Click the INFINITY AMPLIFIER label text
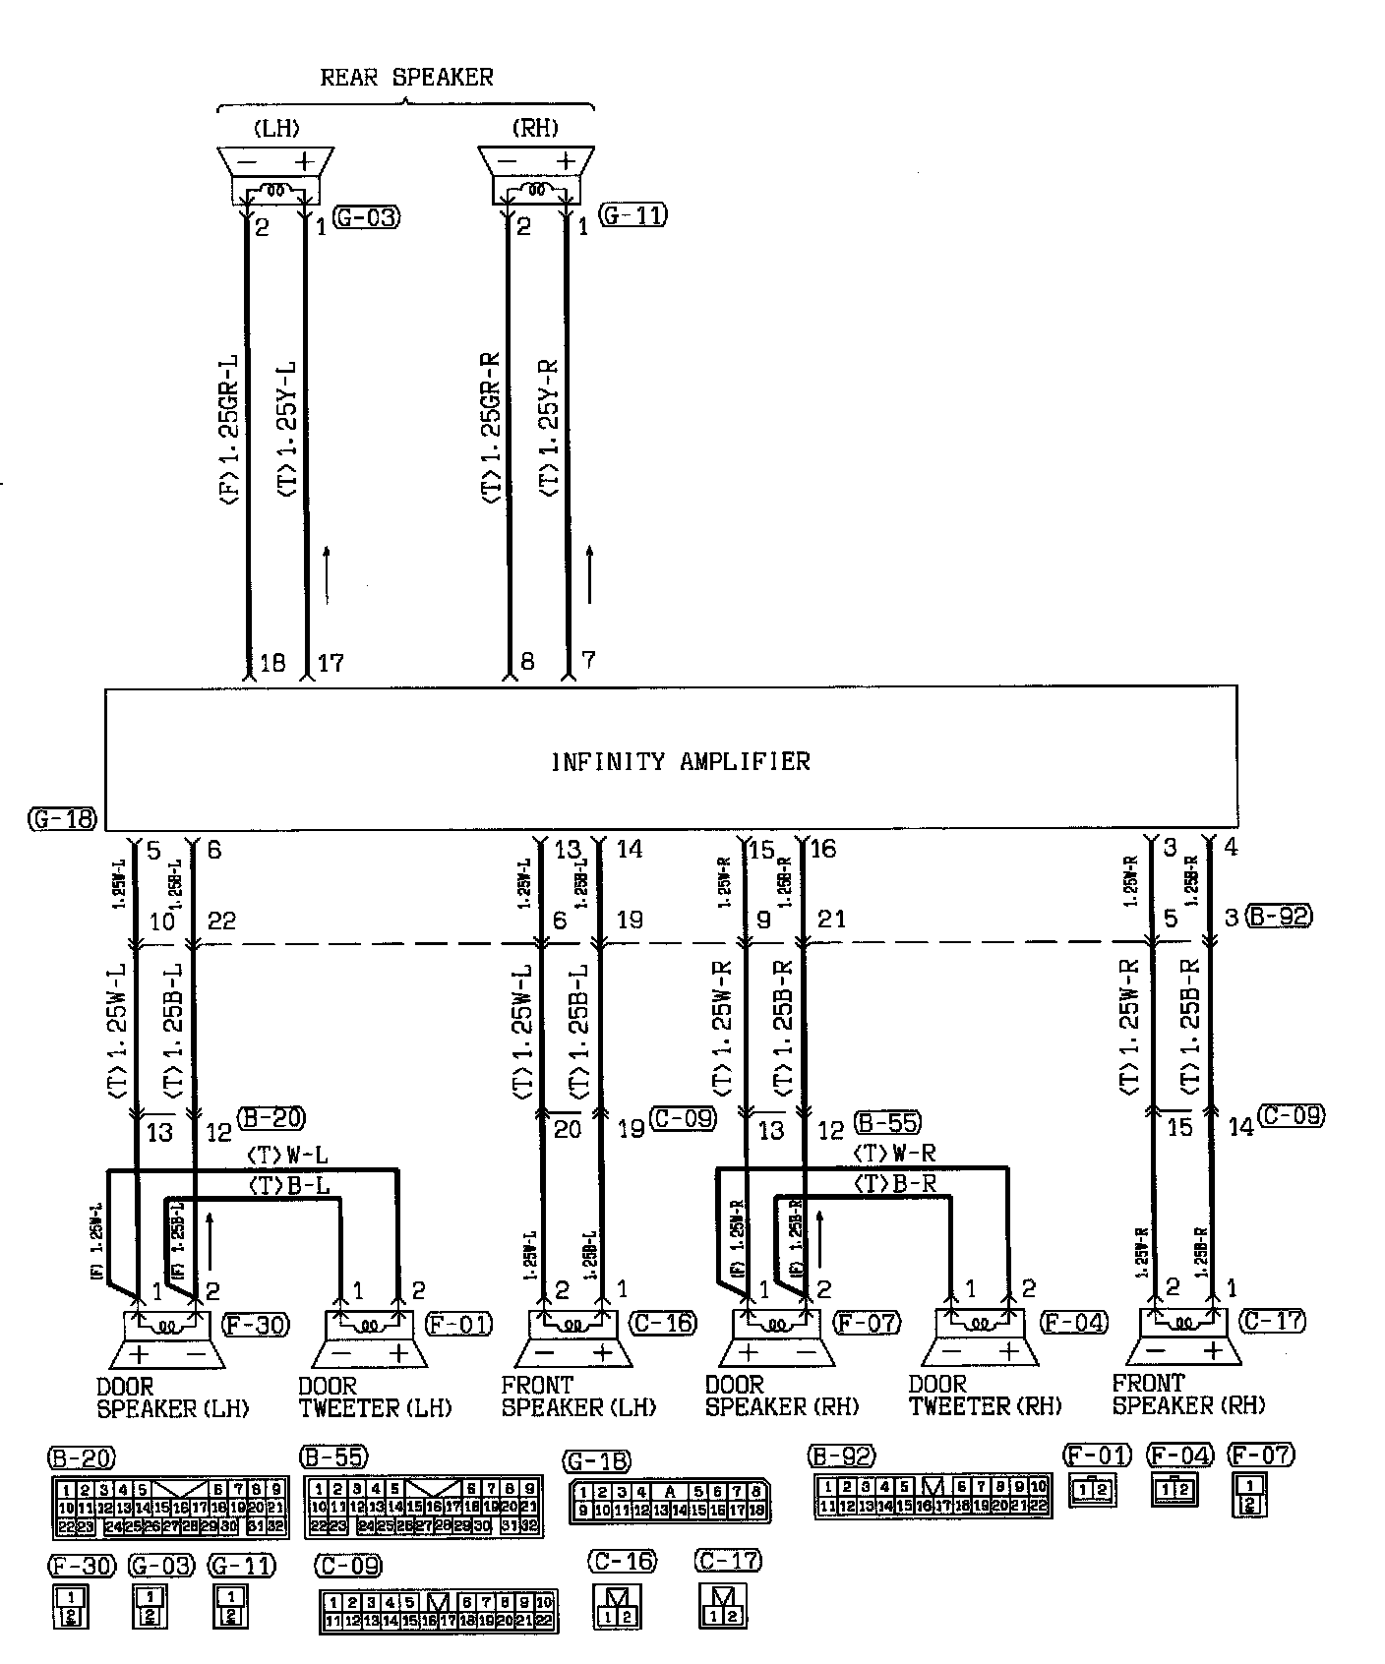pos(680,761)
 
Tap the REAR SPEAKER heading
pos(406,77)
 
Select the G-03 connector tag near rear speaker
pos(367,217)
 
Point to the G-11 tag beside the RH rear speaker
pos(633,214)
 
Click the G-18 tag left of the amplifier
pos(63,819)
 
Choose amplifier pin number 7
pos(588,660)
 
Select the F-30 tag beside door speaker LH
pos(256,1325)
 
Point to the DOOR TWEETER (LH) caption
pos(374,1397)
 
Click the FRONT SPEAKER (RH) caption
pos(1188,1395)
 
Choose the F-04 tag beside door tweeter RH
pos(1074,1323)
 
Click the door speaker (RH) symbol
pos(777,1339)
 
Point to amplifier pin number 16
pos(822,849)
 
